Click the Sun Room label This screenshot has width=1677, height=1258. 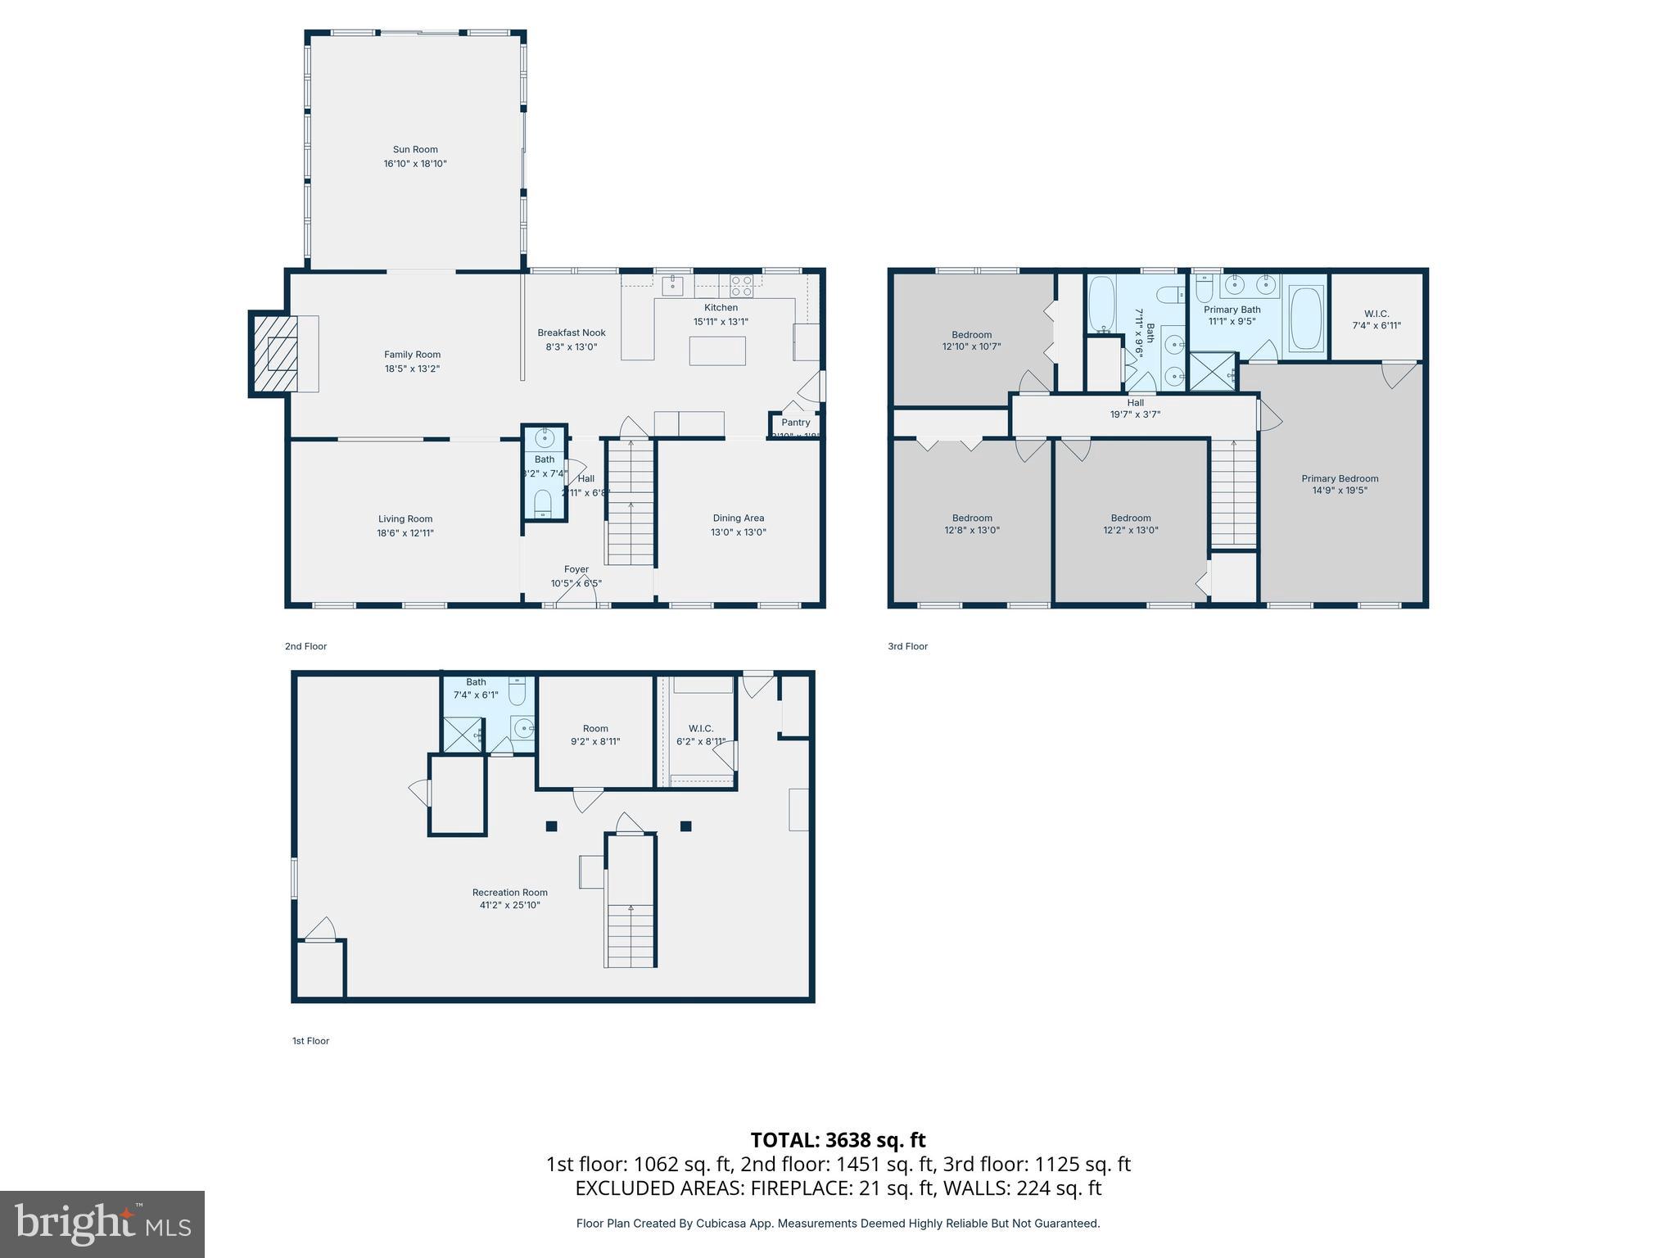[x=415, y=150]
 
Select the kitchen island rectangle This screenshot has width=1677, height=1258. [x=717, y=351]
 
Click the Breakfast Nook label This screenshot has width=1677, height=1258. [x=572, y=333]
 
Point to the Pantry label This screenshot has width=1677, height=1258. [x=795, y=423]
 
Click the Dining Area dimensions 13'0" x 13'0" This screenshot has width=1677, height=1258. [x=738, y=532]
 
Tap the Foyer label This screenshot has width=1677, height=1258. [x=576, y=569]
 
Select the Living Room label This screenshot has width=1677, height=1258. [x=405, y=518]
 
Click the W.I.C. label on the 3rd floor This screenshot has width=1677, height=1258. [x=1376, y=314]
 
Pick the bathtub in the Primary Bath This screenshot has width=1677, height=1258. [x=1305, y=318]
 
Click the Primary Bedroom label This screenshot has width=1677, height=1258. [x=1340, y=478]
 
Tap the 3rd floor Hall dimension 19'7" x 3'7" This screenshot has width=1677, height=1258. [x=1135, y=414]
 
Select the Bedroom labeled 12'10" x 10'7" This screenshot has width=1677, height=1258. [x=971, y=335]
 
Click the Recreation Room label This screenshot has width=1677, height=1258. [x=509, y=893]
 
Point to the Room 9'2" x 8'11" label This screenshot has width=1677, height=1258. [x=595, y=728]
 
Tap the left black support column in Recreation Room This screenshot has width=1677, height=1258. [x=551, y=826]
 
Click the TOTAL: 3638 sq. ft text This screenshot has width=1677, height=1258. [x=838, y=1140]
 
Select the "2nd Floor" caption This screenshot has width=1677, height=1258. [x=305, y=646]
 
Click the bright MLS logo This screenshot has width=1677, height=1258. [x=102, y=1224]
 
